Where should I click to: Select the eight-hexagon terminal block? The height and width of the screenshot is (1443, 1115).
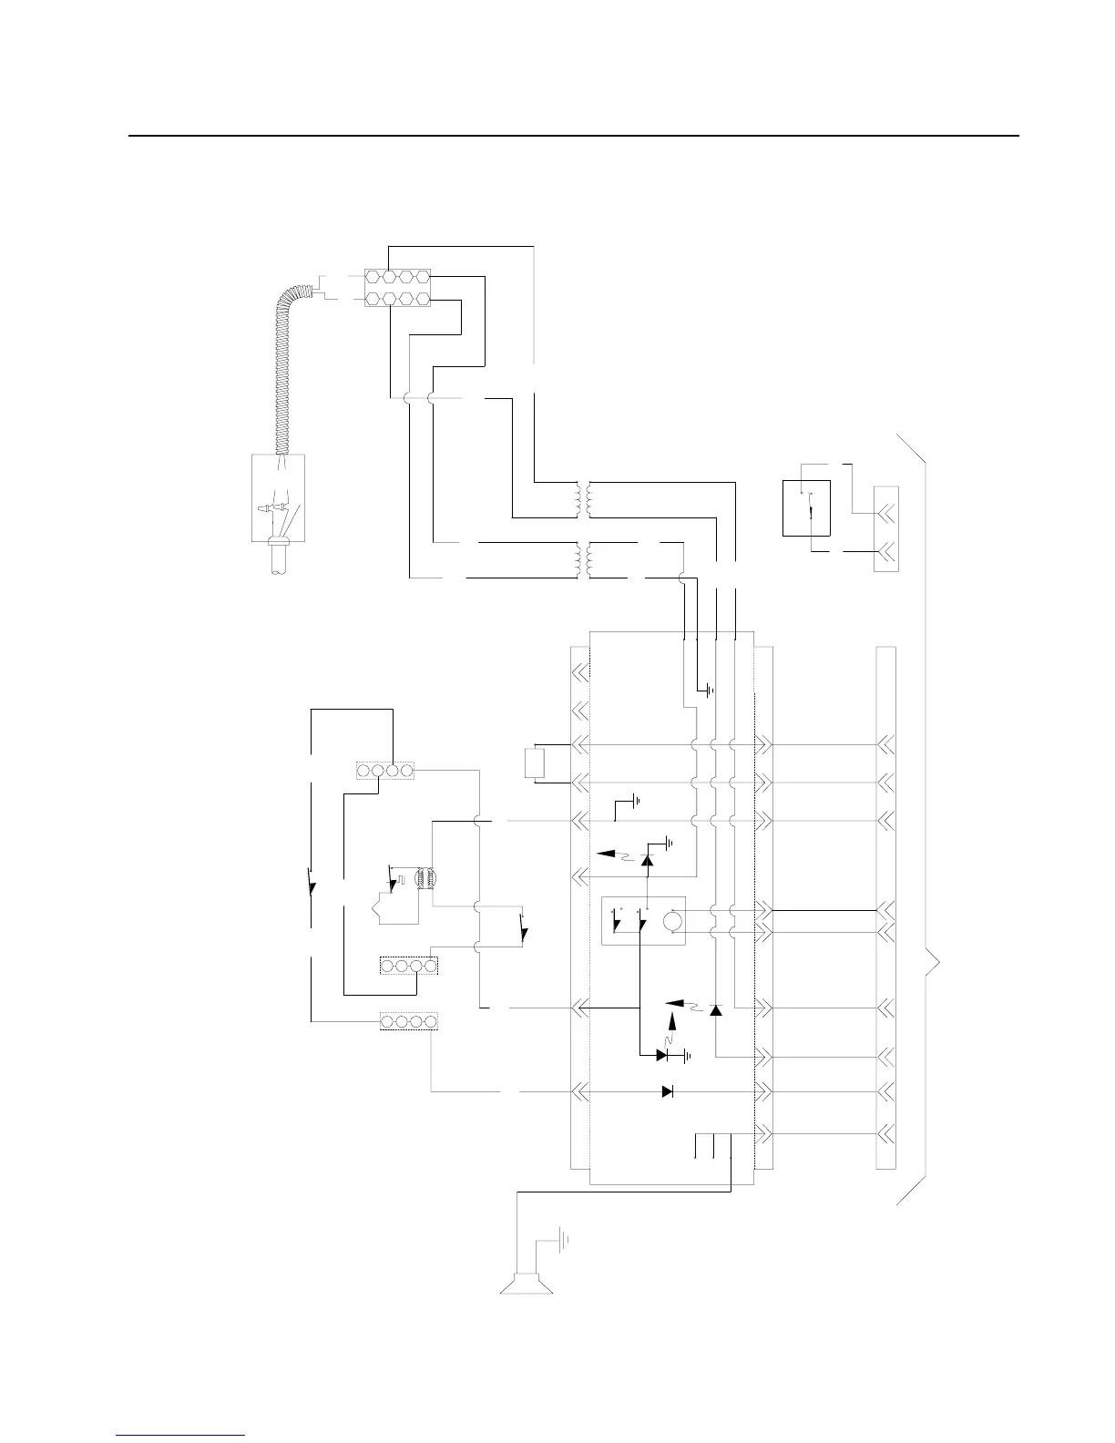[x=398, y=286]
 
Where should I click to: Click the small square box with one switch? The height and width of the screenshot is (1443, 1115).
[x=806, y=507]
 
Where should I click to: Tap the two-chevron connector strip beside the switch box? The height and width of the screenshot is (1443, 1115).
[x=885, y=529]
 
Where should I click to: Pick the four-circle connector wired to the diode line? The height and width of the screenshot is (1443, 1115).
[x=409, y=1021]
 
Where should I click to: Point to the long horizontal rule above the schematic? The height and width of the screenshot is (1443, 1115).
[x=573, y=137]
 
